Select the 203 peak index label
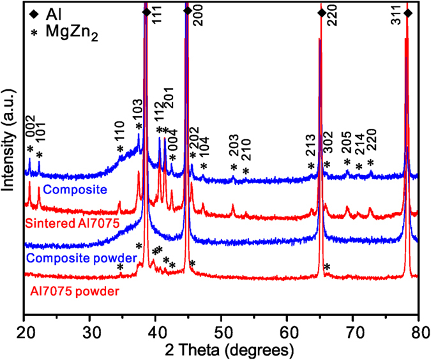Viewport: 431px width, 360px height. click(x=234, y=153)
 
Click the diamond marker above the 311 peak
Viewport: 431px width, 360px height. click(x=408, y=13)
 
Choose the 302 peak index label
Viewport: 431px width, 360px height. click(x=328, y=151)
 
